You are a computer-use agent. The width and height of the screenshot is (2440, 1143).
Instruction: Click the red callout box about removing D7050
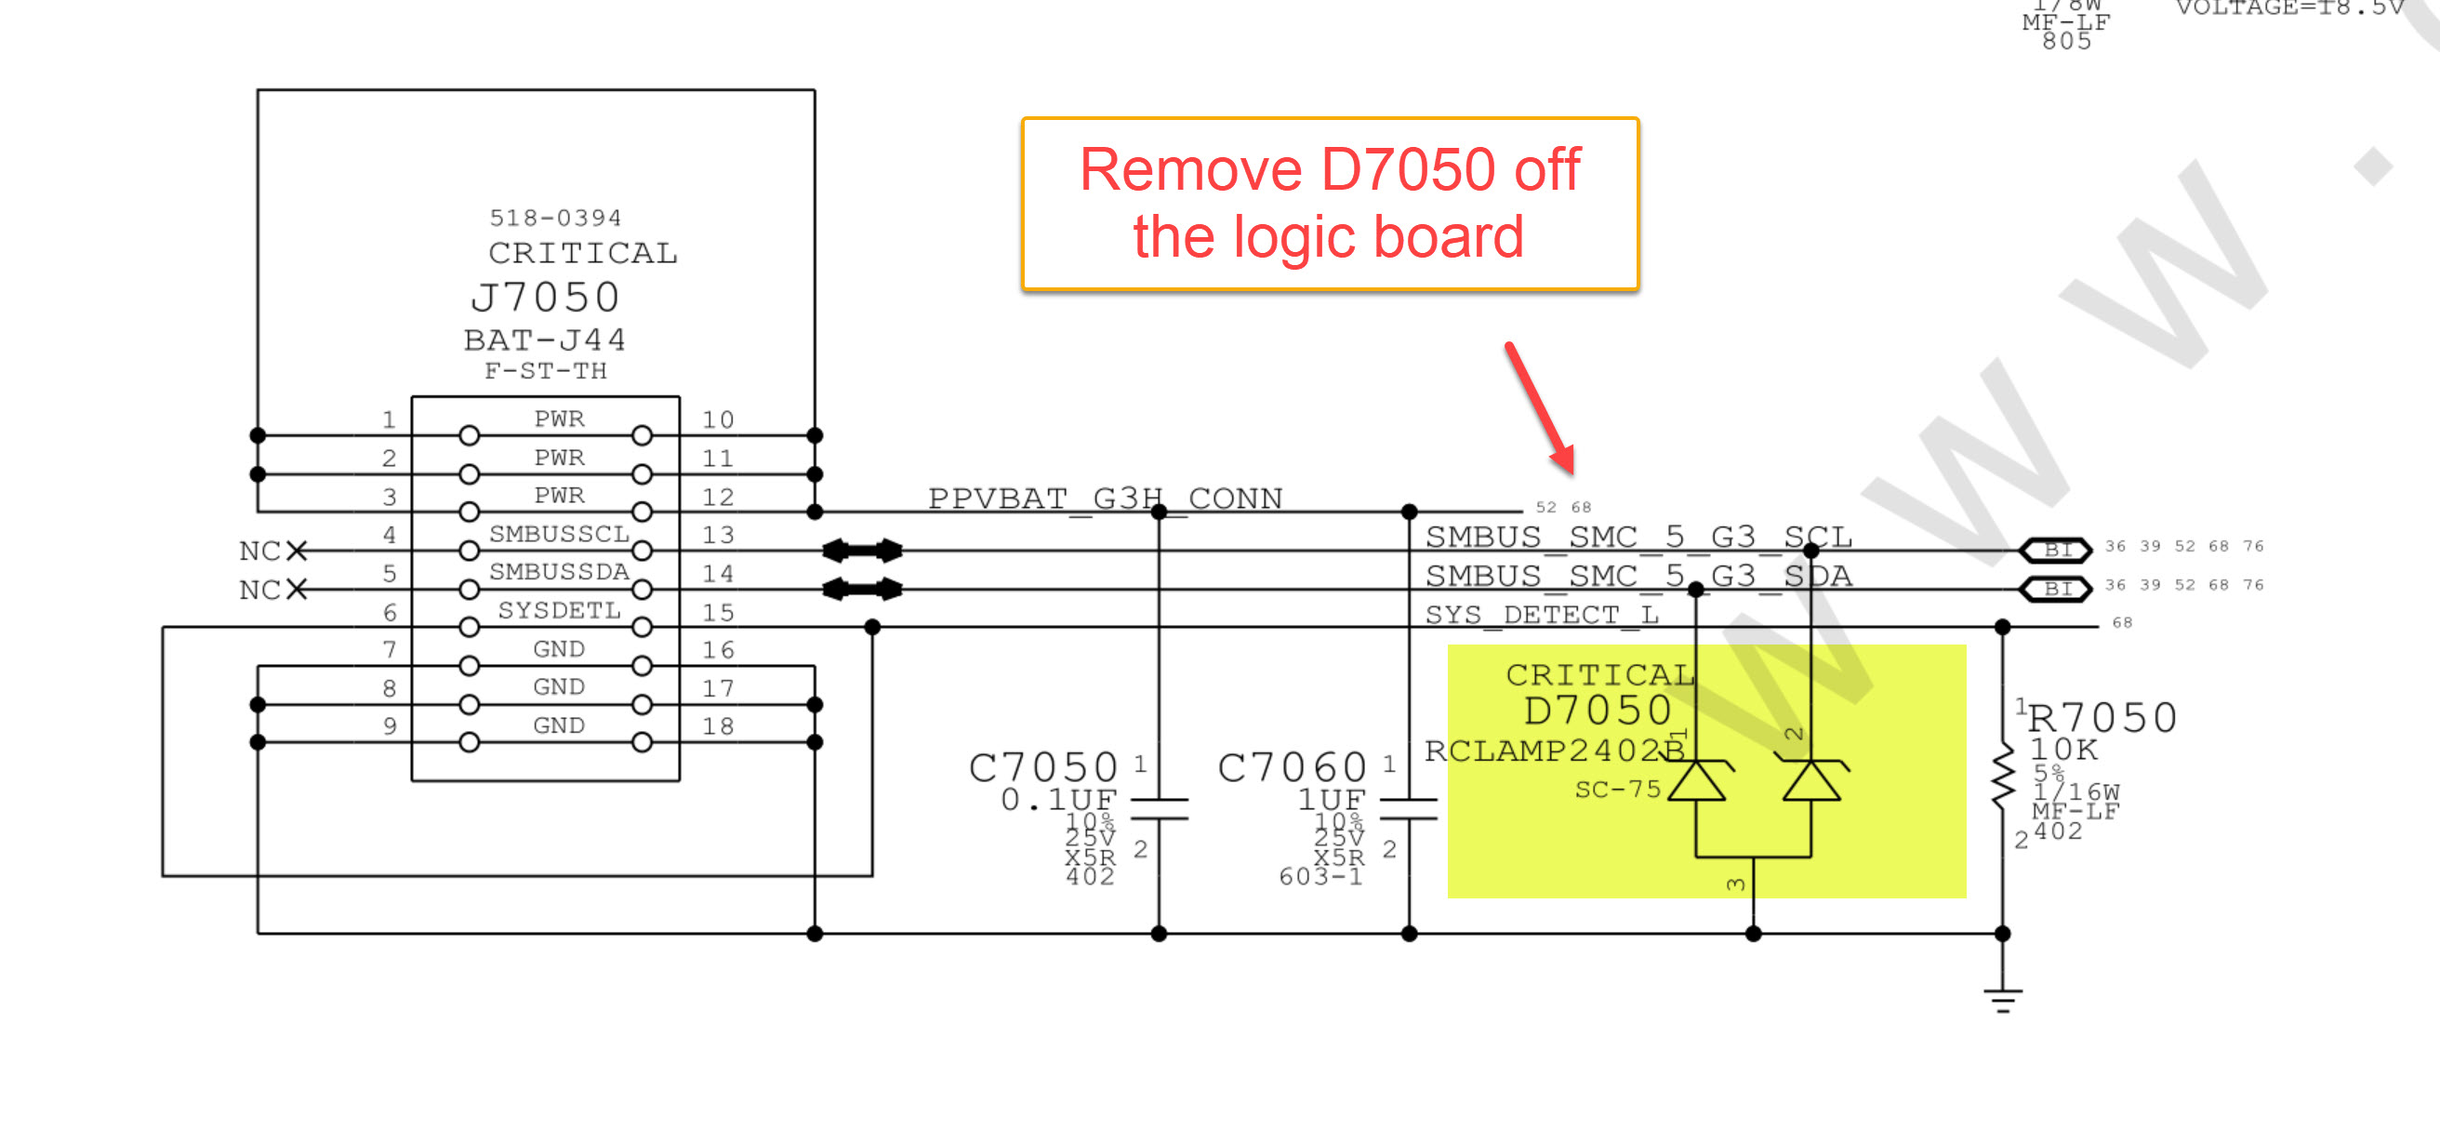click(x=1329, y=204)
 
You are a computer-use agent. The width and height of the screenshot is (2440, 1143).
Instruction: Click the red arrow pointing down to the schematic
click(x=1540, y=408)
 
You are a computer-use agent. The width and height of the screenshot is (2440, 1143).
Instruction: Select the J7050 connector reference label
click(x=545, y=298)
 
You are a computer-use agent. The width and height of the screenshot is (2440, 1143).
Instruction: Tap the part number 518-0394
click(x=555, y=218)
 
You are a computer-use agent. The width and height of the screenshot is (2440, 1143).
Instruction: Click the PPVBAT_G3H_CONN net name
click(x=1105, y=498)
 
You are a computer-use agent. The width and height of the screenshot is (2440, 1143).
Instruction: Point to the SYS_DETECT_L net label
click(x=1541, y=615)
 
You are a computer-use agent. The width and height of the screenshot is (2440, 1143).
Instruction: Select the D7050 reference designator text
click(x=1597, y=711)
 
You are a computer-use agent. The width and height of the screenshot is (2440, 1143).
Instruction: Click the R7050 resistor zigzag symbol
click(x=2001, y=777)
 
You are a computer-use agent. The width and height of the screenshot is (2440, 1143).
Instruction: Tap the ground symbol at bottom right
click(x=2001, y=999)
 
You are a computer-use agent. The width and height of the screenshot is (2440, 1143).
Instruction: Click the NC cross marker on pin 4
click(x=297, y=551)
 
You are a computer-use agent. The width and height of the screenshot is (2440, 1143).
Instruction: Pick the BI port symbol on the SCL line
click(x=2054, y=550)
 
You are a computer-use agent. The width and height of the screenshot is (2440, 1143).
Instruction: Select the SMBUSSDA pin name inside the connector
click(x=559, y=572)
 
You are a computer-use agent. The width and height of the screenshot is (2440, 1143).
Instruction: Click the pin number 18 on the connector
click(x=717, y=726)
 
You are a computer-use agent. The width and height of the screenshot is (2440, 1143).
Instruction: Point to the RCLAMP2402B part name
click(x=1554, y=750)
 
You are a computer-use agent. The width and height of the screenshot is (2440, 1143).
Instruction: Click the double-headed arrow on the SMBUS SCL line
click(x=862, y=550)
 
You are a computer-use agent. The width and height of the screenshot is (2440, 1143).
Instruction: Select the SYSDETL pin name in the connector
click(x=559, y=611)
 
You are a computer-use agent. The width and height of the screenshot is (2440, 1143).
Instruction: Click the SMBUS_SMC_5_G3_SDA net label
click(x=1638, y=576)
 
